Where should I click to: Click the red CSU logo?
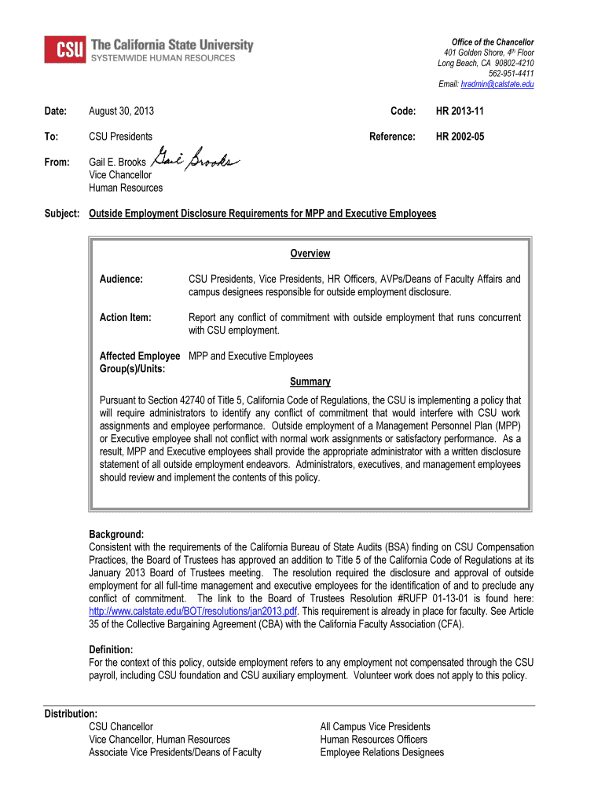65,49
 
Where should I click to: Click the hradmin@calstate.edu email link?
499,84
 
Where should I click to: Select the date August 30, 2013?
121,113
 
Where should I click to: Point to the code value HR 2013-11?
460,113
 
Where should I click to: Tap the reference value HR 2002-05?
460,137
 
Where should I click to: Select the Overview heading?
310,254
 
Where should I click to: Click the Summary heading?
310,382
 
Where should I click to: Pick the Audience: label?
121,279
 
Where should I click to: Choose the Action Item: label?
125,317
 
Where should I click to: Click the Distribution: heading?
71,714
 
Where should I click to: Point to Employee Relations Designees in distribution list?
382,752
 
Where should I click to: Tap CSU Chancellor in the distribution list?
121,727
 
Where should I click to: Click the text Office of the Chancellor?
492,42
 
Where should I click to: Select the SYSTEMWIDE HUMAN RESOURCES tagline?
163,58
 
